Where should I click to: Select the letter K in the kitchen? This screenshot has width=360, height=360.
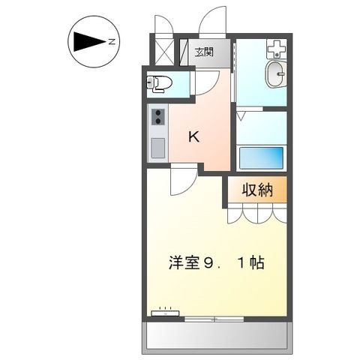coord(193,137)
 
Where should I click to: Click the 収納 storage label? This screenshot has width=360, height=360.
coord(256,190)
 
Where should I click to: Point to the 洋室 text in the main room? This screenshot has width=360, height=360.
coord(185,264)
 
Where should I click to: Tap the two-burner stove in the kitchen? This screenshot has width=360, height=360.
coord(158,117)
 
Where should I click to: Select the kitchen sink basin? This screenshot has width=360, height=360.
coord(157,148)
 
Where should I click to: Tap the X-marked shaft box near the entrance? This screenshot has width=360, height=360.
coord(163,49)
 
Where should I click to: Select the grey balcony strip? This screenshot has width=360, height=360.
coord(216,335)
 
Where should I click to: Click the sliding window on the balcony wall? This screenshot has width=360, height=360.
coord(216,318)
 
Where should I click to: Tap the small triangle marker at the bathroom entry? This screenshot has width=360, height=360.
coord(241,116)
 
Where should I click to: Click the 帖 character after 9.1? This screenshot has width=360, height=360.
coord(256,264)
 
